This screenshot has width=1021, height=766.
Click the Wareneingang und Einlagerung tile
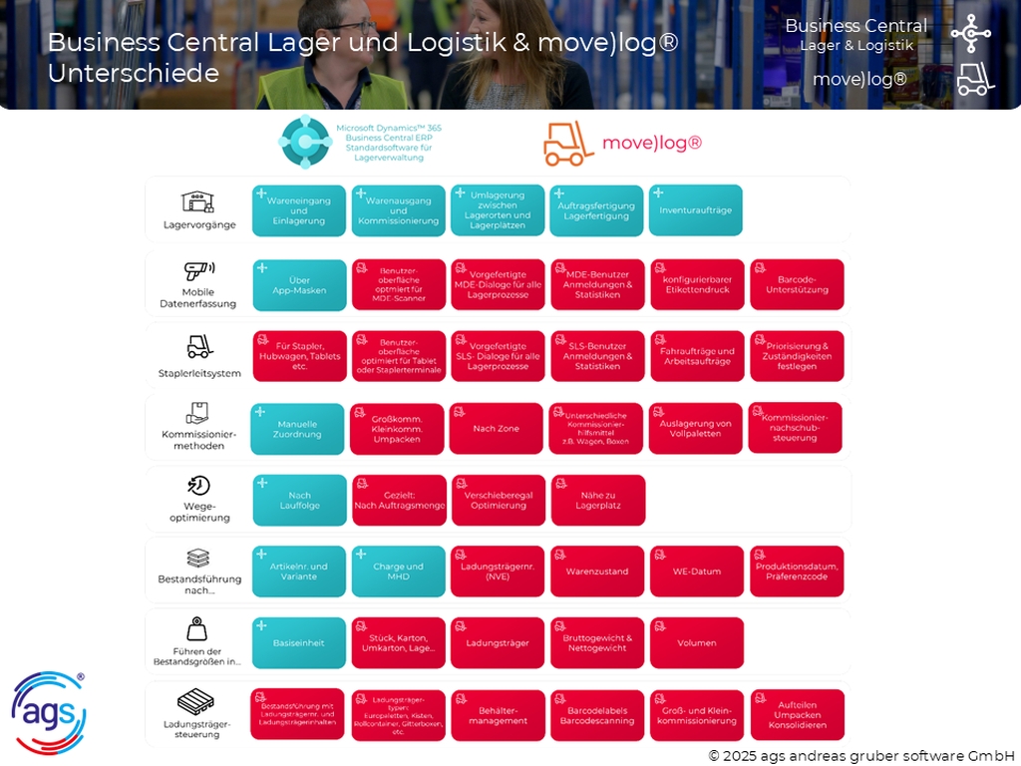299,210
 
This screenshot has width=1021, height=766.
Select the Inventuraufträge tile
695,210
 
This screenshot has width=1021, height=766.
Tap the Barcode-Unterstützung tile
797,284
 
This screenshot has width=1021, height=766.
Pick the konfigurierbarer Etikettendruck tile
697,284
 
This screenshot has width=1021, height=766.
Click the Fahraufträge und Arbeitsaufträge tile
697,356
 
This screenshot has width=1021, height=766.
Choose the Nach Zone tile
497,428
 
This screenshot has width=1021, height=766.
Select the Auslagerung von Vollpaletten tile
695,428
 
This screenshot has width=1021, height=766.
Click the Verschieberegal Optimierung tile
499,500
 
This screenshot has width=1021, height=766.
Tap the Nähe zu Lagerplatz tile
598,500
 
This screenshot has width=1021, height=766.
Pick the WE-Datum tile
697,572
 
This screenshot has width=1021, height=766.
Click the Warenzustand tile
597,572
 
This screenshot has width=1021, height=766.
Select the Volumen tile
697,643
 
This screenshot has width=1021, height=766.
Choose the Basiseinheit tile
299,643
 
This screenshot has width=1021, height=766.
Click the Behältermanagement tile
498,715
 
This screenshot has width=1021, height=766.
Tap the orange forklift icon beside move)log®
568,144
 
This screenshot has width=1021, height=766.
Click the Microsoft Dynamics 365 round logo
303,142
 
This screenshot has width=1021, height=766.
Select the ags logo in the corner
48,712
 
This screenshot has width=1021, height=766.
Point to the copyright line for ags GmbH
860,755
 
